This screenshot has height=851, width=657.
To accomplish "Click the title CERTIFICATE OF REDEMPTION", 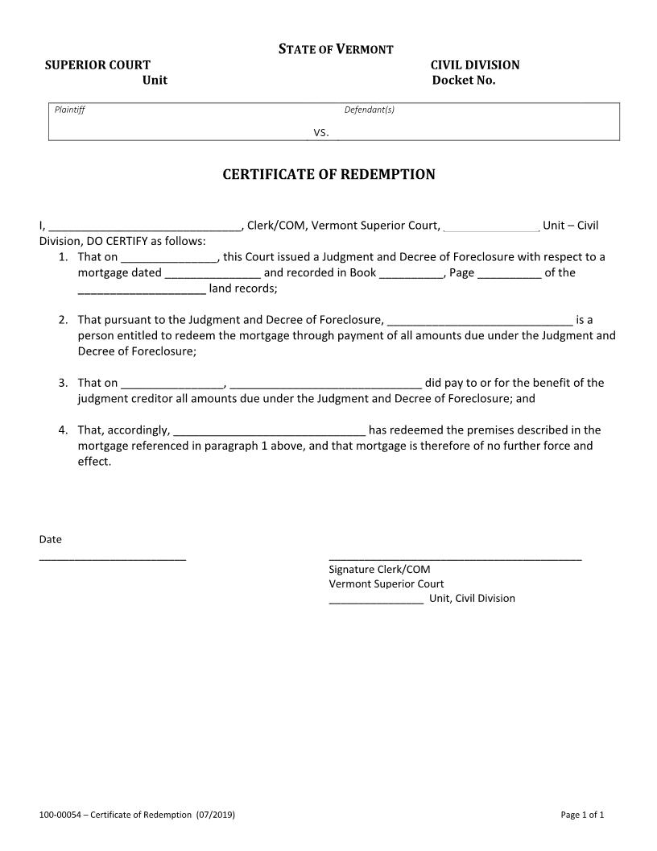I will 328,175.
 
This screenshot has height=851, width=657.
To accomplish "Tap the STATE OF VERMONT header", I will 336,50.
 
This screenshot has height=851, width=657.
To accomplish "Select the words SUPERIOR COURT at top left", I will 97,65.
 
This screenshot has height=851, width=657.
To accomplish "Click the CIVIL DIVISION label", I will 475,65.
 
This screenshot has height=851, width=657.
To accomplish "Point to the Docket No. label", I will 464,81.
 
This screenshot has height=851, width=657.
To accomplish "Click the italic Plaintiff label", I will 69,110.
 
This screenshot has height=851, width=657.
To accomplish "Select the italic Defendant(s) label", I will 370,110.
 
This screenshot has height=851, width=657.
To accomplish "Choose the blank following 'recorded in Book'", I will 411,274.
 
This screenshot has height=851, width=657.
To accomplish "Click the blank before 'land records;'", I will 142,290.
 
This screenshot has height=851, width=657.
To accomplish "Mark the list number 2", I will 63,320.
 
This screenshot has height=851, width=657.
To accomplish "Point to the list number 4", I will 63,430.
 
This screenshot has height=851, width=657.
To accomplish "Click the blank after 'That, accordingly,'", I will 270,432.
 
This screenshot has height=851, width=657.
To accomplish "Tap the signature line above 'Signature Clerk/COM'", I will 455,558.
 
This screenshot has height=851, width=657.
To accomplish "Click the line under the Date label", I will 113,558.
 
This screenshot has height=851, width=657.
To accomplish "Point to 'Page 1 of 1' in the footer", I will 582,816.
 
